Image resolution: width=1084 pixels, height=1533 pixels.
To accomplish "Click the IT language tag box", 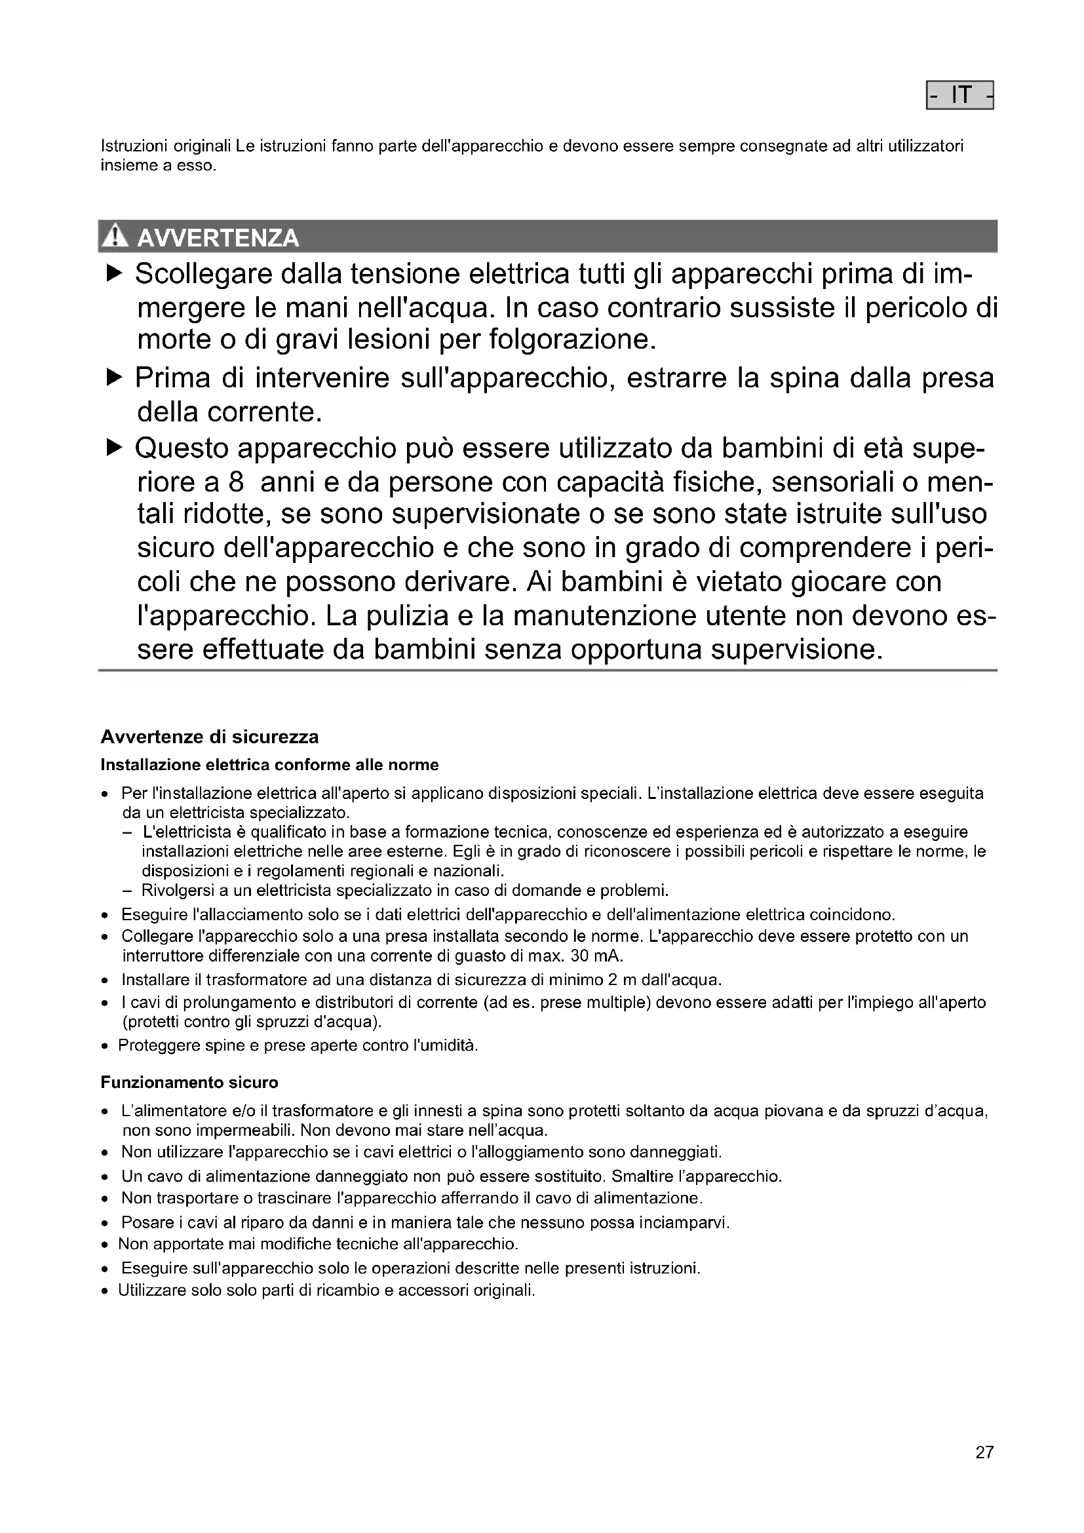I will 959,96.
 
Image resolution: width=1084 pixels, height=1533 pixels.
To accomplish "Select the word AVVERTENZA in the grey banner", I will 218,238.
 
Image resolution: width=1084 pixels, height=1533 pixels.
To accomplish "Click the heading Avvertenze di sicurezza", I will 210,737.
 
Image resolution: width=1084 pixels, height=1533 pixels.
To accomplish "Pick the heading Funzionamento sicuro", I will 189,1082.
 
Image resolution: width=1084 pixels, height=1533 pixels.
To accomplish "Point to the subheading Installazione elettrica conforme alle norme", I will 269,765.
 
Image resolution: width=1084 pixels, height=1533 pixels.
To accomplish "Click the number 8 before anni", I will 237,482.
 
